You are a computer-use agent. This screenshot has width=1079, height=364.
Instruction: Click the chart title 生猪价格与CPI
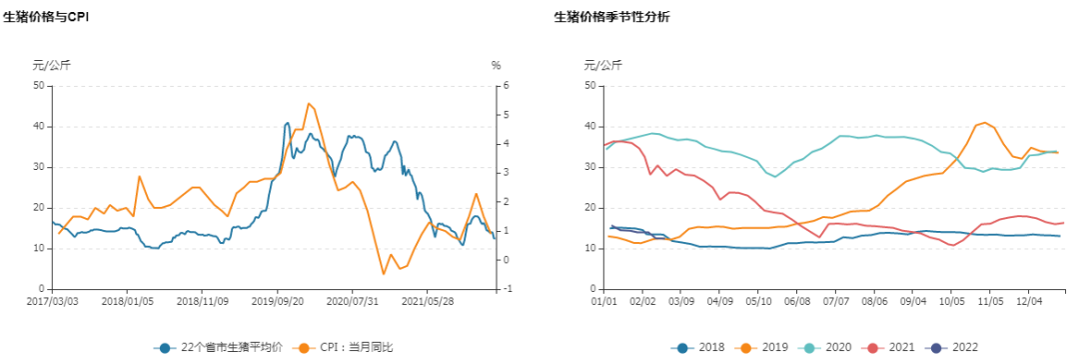[x=59, y=18]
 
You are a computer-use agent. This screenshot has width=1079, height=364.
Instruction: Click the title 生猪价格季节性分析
[x=612, y=18]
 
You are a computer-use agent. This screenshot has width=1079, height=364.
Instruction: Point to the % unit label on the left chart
[x=496, y=66]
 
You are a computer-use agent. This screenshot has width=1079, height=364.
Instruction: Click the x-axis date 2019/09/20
[x=278, y=300]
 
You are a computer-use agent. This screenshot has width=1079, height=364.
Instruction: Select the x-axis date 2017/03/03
[x=51, y=300]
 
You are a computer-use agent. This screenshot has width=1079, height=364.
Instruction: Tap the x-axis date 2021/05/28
[x=428, y=300]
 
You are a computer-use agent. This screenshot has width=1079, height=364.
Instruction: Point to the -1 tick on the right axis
[x=509, y=289]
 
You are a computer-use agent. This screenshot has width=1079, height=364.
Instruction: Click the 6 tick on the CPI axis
[x=507, y=86]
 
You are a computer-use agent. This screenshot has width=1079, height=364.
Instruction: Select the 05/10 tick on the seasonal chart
[x=759, y=300]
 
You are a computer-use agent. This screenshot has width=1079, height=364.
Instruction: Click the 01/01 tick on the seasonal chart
[x=602, y=300]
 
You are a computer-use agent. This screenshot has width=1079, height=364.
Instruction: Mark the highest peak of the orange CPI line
[x=309, y=103]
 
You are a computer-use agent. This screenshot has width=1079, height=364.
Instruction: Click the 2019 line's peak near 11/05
[x=985, y=123]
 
